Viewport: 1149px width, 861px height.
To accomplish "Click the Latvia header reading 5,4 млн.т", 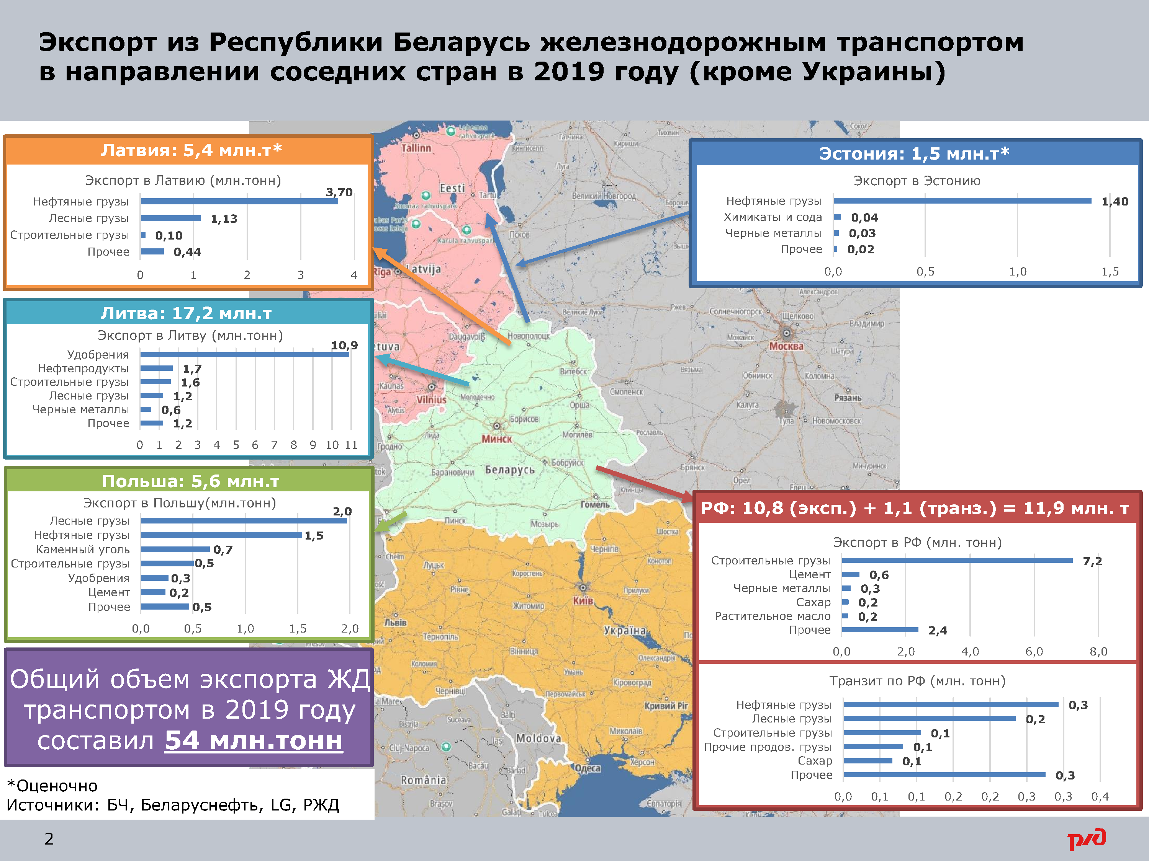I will pos(191,150).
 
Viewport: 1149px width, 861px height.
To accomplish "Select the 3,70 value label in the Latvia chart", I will pos(339,192).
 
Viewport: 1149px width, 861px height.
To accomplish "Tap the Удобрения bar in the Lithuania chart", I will pos(244,354).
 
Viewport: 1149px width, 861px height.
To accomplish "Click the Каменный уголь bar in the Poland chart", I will pos(175,549).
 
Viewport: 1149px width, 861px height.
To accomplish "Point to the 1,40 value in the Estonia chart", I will pos(1115,201).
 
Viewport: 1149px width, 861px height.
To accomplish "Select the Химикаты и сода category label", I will pos(773,217).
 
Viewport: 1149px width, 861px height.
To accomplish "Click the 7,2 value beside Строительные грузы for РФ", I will pos(1092,561).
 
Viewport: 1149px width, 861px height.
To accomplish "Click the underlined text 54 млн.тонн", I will pos(254,740).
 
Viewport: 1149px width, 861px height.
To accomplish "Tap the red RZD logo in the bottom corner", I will pos(1087,839).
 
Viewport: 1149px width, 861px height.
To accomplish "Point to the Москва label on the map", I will pos(786,346).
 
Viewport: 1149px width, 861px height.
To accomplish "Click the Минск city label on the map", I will pos(497,439).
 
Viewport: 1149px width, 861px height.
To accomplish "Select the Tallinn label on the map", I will pos(416,148).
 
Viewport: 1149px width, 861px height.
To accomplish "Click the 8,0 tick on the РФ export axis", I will pos(1098,651).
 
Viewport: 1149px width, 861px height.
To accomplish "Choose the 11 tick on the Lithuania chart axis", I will pos(351,445).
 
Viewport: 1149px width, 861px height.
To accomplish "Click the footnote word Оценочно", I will pos(57,786).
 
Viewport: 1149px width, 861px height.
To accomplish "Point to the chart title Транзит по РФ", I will pos(917,681).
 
